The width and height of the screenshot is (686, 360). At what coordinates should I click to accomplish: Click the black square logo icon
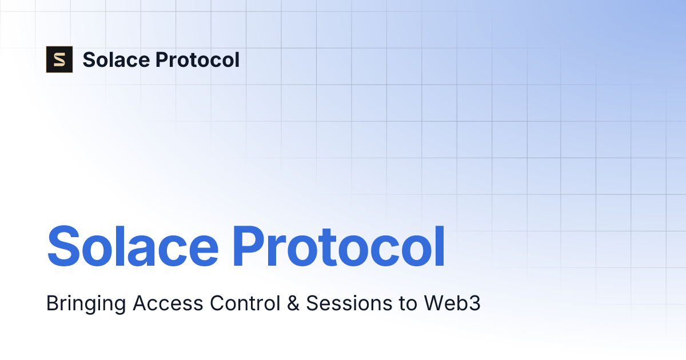click(x=59, y=59)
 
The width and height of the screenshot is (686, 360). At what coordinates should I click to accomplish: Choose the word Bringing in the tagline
click(x=86, y=304)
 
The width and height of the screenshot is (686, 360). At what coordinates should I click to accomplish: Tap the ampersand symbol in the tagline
click(x=293, y=303)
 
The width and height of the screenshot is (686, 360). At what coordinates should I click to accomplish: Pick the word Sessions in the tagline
click(x=344, y=303)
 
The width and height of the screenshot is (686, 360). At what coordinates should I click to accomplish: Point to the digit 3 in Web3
click(x=475, y=303)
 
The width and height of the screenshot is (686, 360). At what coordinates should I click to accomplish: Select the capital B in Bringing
click(x=51, y=303)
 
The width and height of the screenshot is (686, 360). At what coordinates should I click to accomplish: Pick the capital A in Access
click(x=139, y=303)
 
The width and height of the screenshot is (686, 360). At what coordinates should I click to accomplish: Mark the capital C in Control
click(x=216, y=303)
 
